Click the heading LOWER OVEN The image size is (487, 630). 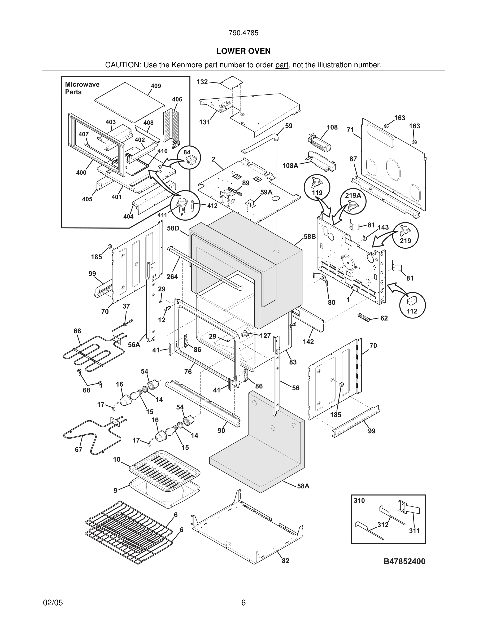point(243,51)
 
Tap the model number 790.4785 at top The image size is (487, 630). point(243,33)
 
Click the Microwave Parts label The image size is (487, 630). point(82,88)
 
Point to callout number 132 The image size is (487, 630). point(202,82)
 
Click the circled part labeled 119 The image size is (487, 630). point(317,187)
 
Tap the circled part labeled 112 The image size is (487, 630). point(412,305)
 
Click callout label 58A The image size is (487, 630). point(303,486)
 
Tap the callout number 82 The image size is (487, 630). point(285,561)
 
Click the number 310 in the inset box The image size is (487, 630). point(359,501)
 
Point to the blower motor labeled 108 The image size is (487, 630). point(319,142)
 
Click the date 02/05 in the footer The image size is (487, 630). point(53,603)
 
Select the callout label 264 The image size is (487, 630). point(172,277)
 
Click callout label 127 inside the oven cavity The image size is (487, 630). point(265,335)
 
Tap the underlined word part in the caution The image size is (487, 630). point(282,65)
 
